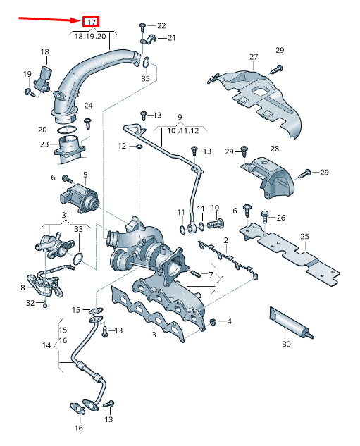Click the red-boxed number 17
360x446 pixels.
(91, 22)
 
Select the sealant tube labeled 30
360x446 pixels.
(291, 323)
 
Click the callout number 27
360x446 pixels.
(254, 57)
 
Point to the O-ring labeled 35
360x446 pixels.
(146, 63)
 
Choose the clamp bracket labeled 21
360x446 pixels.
(149, 39)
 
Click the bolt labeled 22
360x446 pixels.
(142, 27)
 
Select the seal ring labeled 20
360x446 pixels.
(67, 130)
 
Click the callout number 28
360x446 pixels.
(275, 149)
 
